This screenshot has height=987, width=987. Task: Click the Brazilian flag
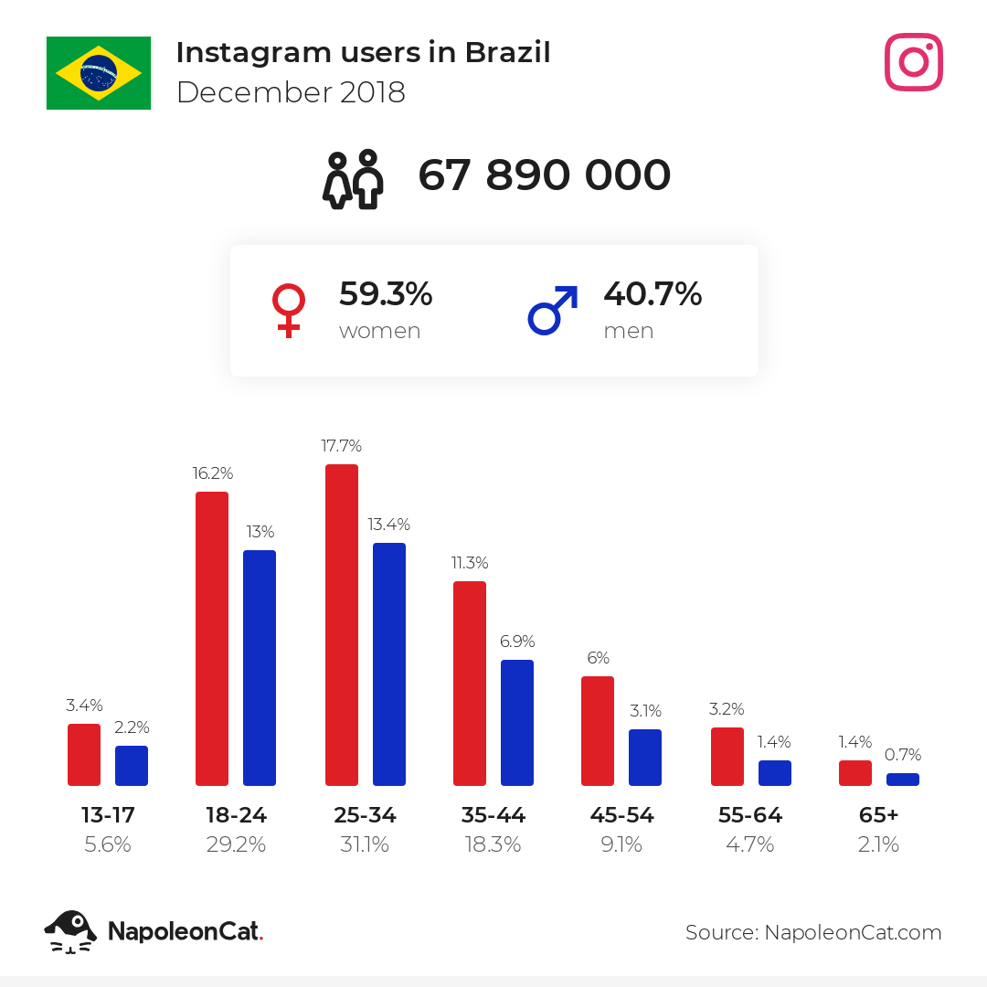[x=99, y=73]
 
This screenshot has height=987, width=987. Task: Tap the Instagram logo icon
[x=913, y=62]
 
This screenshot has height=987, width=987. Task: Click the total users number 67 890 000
[x=545, y=175]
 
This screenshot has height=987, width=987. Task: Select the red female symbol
[x=288, y=311]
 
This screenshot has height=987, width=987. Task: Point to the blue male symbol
[x=553, y=311]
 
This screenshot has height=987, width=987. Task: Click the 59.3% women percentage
[x=386, y=294]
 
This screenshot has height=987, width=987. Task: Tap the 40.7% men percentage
[x=653, y=294]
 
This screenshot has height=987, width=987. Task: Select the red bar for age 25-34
[x=342, y=625]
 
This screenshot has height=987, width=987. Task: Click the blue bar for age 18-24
[x=260, y=668]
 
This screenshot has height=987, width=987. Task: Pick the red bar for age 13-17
[x=84, y=755]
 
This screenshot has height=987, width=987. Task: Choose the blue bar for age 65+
[x=903, y=780]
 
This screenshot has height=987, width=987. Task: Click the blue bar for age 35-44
[x=516, y=723]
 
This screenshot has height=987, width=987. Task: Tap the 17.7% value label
[x=341, y=446]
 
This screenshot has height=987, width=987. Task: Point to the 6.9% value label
[x=517, y=642]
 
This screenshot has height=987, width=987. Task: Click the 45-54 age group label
[x=622, y=815]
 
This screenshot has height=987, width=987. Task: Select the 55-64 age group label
[x=750, y=815]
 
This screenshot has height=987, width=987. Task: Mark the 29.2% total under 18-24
[x=236, y=844]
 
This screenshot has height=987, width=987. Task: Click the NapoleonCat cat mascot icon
[x=70, y=931]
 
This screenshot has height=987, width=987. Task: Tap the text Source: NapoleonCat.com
[x=813, y=932]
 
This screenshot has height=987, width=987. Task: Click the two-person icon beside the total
[x=353, y=179]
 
